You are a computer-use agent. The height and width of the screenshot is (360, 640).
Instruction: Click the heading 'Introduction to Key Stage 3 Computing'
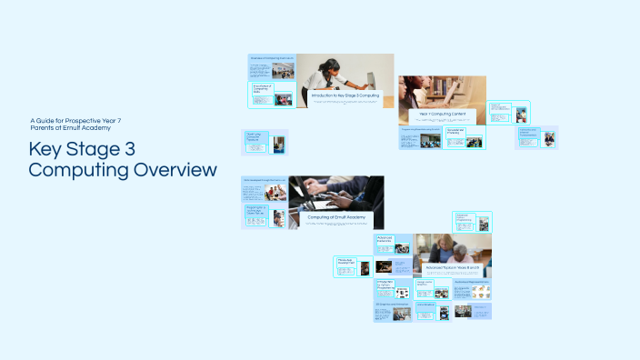[345, 95]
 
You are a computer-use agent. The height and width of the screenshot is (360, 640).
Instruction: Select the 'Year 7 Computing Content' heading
[443, 114]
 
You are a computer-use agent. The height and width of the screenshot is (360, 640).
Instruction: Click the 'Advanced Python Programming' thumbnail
[472, 221]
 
